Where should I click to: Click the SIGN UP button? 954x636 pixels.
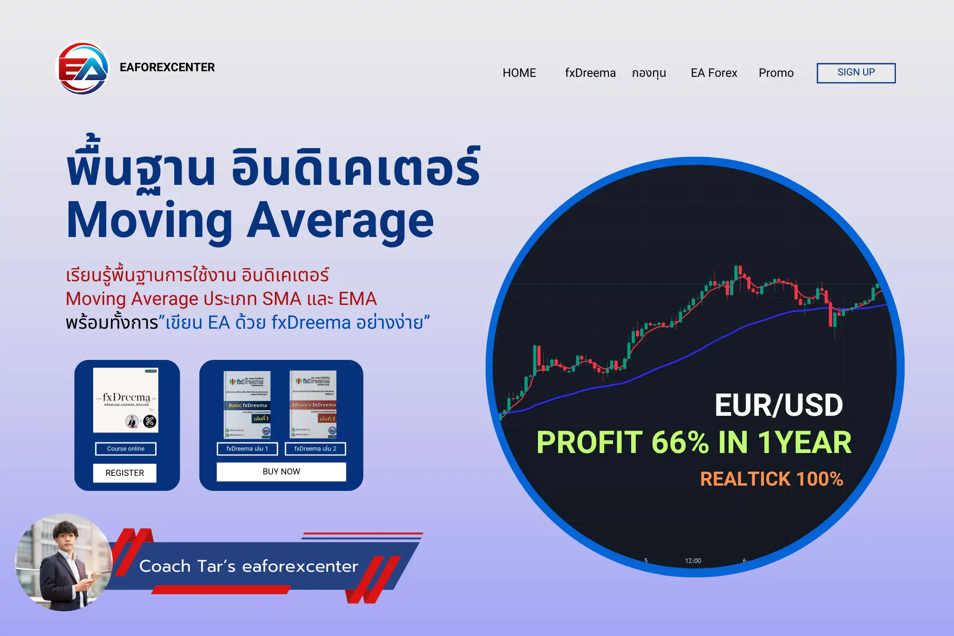click(856, 73)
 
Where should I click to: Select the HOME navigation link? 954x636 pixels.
click(519, 73)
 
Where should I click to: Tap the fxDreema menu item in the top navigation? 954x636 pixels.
click(590, 73)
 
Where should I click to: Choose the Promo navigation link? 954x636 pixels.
click(776, 73)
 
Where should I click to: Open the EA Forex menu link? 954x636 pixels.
click(714, 73)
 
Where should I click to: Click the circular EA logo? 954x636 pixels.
click(82, 68)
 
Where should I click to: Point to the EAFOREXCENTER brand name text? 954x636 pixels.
click(167, 68)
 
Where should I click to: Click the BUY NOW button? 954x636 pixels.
click(281, 472)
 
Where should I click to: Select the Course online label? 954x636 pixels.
click(126, 449)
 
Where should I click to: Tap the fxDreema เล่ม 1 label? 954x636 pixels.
click(247, 449)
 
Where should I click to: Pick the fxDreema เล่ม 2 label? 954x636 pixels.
click(315, 449)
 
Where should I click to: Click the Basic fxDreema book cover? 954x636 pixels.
click(247, 405)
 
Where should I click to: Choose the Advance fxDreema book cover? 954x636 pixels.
click(313, 405)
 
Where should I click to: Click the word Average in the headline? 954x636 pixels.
click(340, 221)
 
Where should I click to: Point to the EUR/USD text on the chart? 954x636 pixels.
click(778, 405)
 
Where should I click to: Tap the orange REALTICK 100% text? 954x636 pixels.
click(771, 479)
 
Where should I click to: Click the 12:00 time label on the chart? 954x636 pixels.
click(693, 561)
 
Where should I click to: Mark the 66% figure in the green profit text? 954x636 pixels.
click(680, 442)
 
